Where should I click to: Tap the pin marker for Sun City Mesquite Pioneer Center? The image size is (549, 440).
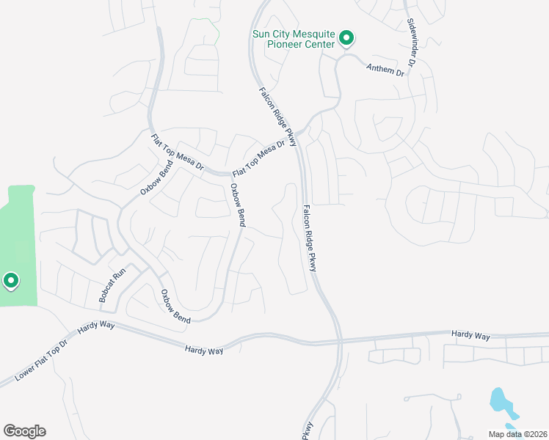pyautogui.click(x=349, y=38)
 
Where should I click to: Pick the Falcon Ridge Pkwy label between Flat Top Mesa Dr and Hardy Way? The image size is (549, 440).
pyautogui.click(x=309, y=239)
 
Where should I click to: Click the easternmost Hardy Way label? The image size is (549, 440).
pyautogui.click(x=470, y=335)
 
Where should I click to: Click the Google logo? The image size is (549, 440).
pyautogui.click(x=24, y=430)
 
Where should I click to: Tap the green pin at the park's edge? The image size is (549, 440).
pyautogui.click(x=11, y=281)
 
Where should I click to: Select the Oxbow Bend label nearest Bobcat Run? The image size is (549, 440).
pyautogui.click(x=175, y=307)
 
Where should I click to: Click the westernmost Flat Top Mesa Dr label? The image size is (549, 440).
pyautogui.click(x=177, y=153)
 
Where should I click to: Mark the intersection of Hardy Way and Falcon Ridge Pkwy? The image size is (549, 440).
pyautogui.click(x=340, y=341)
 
